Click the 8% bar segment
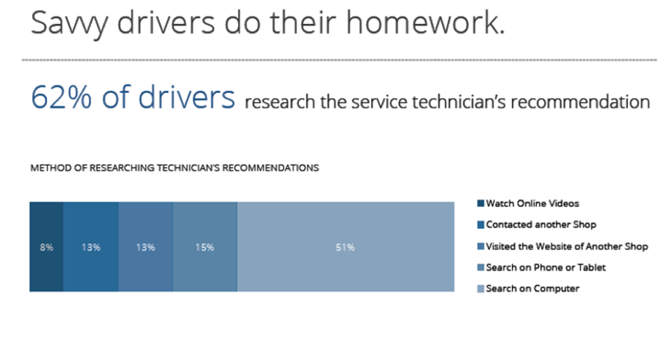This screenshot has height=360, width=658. tap(46, 247)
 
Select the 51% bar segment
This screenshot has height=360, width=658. tap(345, 247)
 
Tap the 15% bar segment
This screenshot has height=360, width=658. tap(205, 247)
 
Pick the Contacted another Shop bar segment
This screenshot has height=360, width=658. tap(91, 247)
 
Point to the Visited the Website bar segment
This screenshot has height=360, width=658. tap(145, 247)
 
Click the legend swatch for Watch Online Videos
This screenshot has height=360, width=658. tap(481, 204)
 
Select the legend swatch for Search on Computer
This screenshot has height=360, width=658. tap(481, 289)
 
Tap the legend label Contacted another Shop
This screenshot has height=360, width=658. tap(541, 225)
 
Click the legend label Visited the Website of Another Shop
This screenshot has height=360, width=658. tap(567, 246)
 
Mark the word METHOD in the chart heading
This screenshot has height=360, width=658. tap(48, 168)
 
